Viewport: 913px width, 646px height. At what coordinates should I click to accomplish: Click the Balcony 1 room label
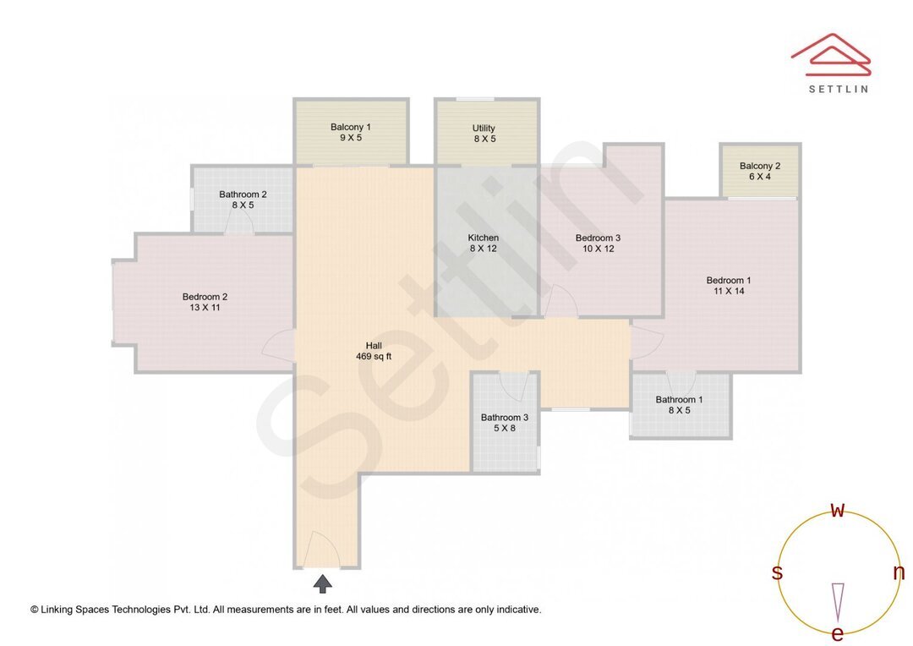[351, 132]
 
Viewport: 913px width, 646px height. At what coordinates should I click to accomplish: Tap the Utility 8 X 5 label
[484, 134]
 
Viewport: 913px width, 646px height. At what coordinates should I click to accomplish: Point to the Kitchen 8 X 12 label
[484, 244]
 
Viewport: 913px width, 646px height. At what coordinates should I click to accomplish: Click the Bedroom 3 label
[598, 244]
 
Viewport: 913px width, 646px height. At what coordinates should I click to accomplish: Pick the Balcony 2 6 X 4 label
[759, 171]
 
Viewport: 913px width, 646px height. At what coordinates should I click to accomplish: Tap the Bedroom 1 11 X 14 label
[729, 286]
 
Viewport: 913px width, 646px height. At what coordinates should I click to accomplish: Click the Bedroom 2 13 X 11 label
[205, 302]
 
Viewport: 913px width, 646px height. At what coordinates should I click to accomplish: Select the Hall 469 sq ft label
[374, 351]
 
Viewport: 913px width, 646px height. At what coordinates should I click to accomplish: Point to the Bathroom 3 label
[505, 423]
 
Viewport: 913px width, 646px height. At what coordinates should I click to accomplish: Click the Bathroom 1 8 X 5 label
[679, 405]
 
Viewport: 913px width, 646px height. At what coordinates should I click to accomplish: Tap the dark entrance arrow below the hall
[323, 583]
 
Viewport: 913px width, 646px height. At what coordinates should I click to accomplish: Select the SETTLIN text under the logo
[838, 89]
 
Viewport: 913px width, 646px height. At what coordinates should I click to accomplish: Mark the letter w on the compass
[838, 510]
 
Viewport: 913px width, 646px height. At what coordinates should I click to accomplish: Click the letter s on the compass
[777, 573]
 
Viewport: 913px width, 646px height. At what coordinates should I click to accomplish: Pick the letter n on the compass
[899, 572]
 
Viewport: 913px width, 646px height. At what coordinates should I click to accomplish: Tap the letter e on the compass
[837, 633]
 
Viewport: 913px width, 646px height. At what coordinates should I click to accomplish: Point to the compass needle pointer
[838, 600]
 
